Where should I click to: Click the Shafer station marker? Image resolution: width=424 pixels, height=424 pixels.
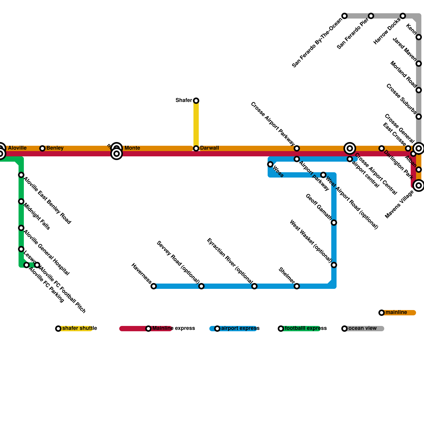point(196,101)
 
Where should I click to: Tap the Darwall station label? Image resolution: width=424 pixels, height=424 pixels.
point(209,148)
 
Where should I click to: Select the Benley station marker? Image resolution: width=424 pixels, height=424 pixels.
point(42,148)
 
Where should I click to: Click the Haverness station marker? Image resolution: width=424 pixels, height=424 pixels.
point(154,286)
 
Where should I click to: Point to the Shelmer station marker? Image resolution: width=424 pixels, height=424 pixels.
point(297,286)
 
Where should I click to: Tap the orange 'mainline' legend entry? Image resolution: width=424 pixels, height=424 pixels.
point(396,312)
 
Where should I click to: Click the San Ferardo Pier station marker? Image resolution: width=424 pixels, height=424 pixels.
point(371,16)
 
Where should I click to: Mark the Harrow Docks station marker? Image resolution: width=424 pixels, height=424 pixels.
point(403,16)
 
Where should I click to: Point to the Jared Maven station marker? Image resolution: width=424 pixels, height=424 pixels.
point(419,64)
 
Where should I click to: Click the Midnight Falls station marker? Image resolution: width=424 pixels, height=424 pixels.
point(21,201)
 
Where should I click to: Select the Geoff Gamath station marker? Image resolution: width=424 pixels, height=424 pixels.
point(334,223)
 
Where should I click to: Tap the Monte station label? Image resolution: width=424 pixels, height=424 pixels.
point(132,148)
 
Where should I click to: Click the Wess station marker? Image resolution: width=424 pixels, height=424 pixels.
point(270,164)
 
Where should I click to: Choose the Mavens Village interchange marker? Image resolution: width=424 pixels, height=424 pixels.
point(419,185)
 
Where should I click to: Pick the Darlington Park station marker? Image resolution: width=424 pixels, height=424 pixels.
point(382,148)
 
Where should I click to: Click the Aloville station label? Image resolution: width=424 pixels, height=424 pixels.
point(17,148)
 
